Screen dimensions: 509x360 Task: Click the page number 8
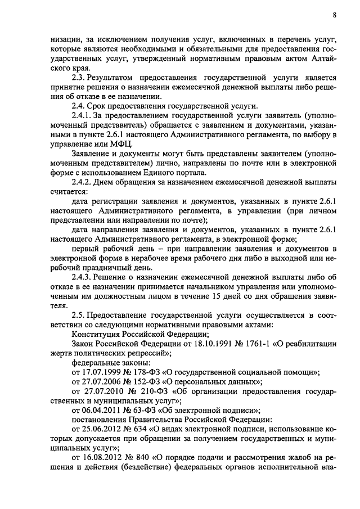tap(334, 15)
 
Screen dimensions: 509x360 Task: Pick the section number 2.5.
tap(79, 317)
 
